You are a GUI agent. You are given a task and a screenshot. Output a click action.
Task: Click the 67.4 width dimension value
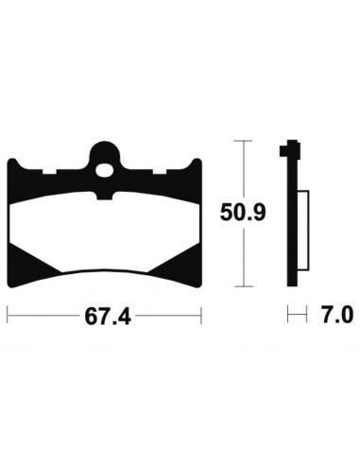coord(108,316)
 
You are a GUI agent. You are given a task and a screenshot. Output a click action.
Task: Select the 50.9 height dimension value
coord(243,213)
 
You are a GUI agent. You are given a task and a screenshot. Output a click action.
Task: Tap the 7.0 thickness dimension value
coord(336,315)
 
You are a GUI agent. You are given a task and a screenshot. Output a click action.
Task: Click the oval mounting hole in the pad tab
coord(105,170)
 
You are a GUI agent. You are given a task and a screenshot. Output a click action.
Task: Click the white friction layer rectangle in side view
coord(303,231)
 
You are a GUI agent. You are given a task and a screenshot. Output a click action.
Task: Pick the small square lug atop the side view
coord(290,148)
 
